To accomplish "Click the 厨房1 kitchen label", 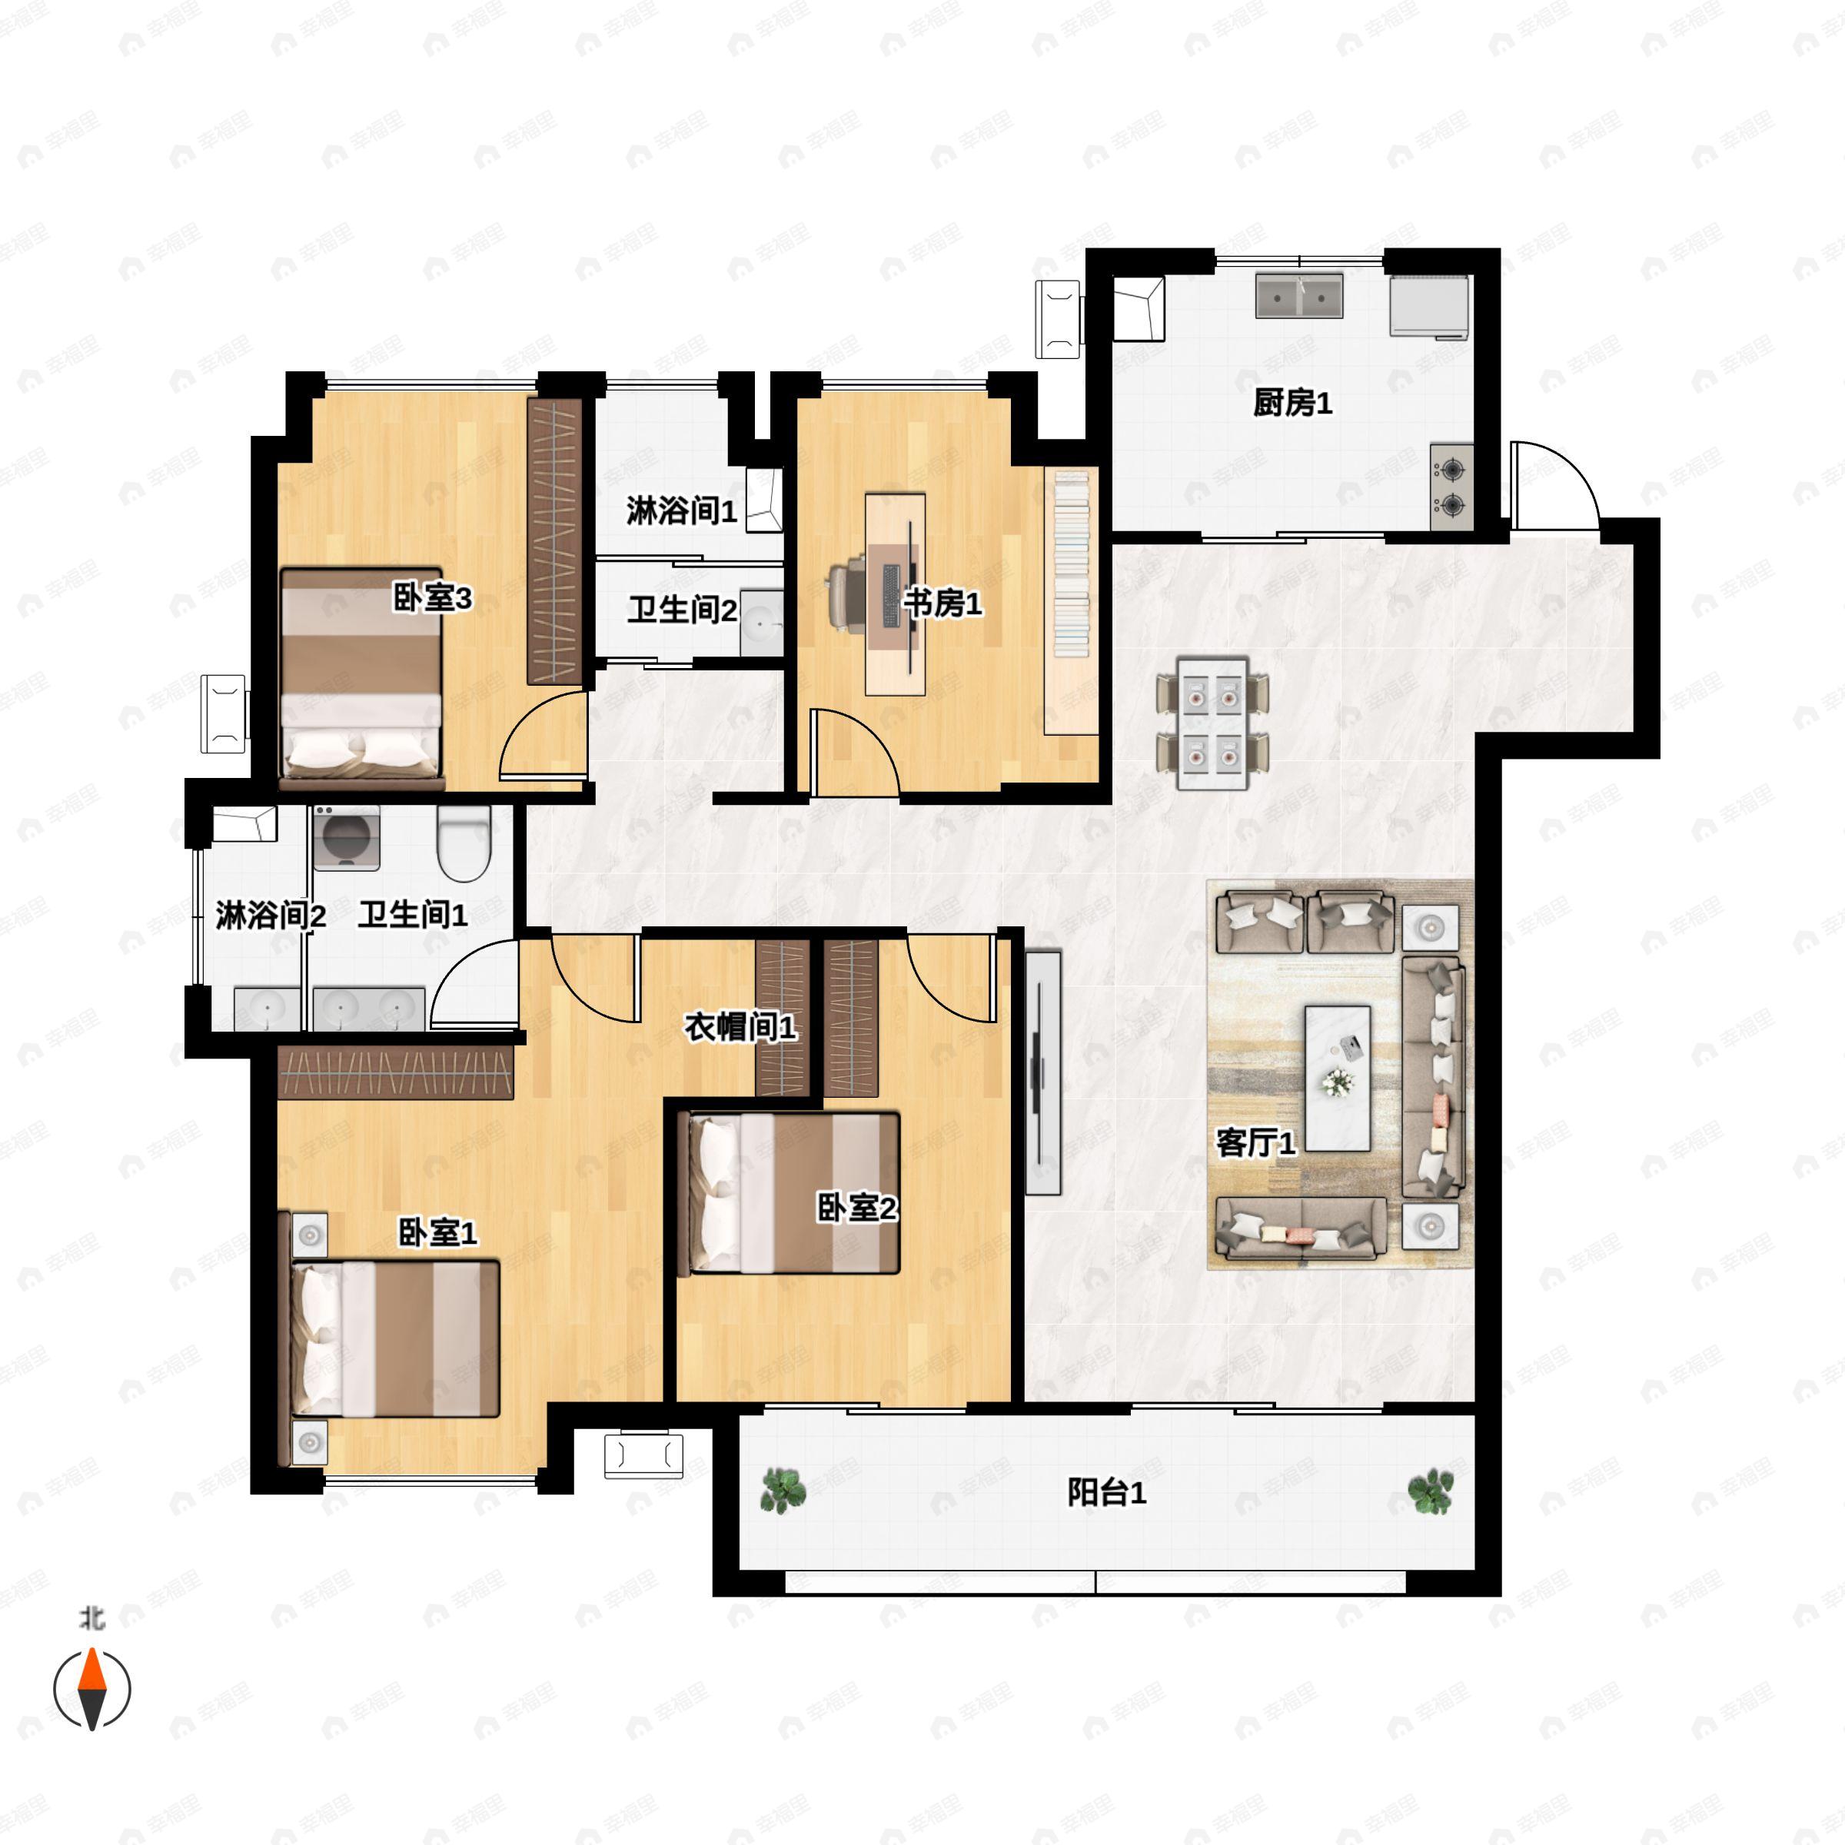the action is [1292, 403].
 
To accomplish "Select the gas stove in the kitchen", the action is [1451, 486].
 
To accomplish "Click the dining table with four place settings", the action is [1213, 723].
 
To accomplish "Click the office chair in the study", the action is [848, 595].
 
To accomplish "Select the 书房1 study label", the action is [942, 603].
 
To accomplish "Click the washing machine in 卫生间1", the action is [347, 837].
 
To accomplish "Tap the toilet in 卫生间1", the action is [464, 843].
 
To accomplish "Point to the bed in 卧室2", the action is [793, 1193].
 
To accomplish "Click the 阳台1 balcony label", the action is [1107, 1491].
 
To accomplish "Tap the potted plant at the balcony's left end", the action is [782, 1490].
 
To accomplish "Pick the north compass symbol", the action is [91, 1688].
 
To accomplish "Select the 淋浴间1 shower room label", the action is [681, 511].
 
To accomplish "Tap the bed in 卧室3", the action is [362, 679].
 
